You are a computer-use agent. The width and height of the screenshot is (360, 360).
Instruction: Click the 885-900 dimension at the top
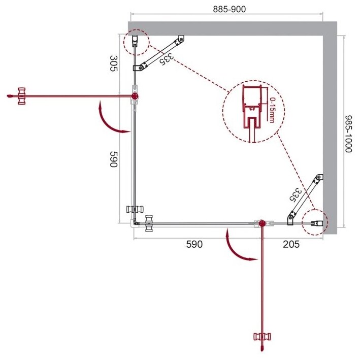point(227,10)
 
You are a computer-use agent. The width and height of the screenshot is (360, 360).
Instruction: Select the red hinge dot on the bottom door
point(262,223)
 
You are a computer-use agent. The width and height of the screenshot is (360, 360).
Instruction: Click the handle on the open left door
point(21,95)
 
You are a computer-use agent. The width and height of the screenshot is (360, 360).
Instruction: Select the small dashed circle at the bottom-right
point(315,222)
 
